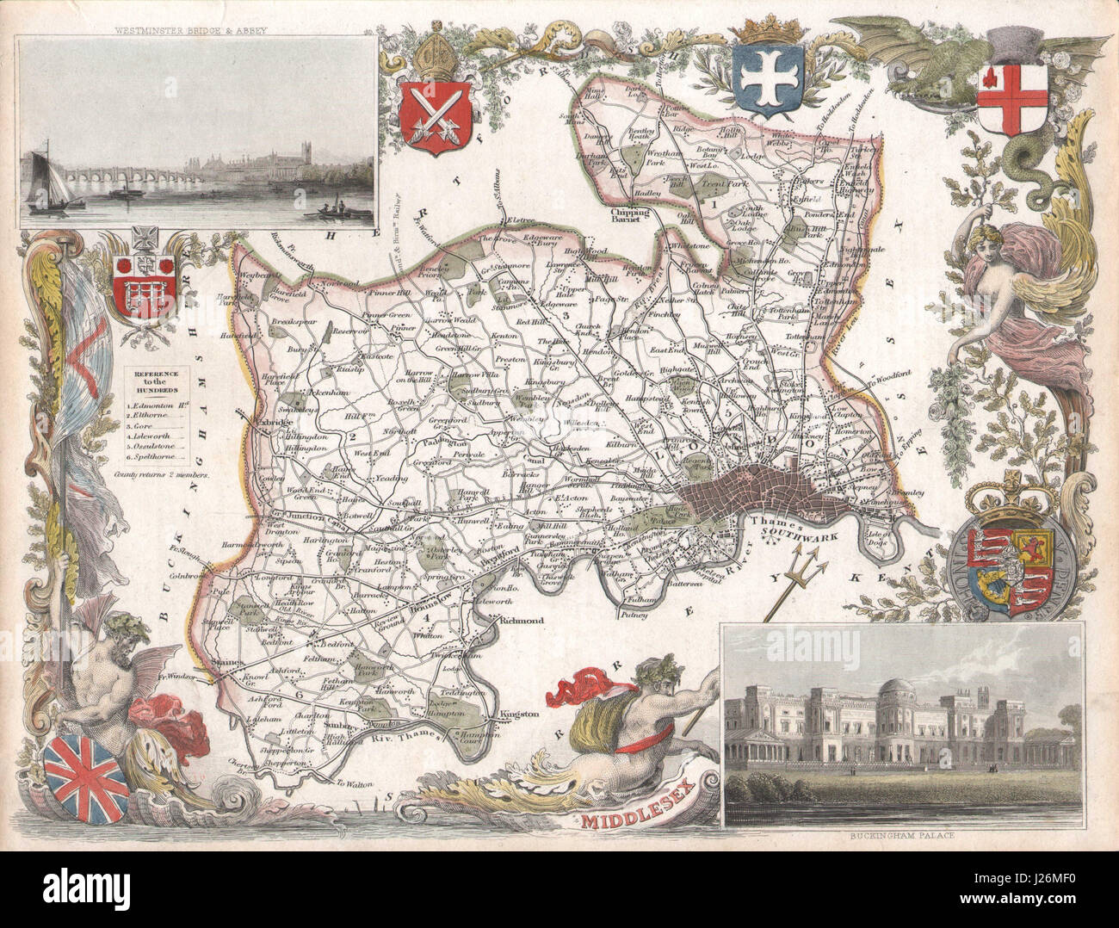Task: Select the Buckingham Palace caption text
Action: click(904, 836)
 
